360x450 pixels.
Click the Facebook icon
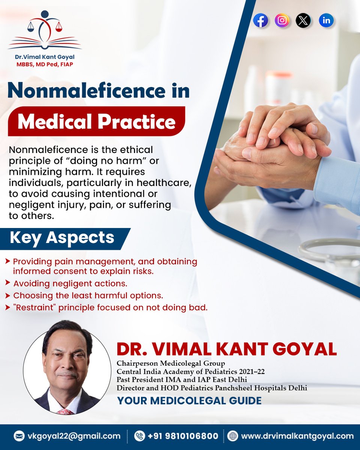pos(261,21)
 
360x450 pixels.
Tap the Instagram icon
pos(282,21)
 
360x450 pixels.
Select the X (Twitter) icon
pos(303,21)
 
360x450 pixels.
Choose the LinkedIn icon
pos(326,21)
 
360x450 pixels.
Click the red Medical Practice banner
pos(96,121)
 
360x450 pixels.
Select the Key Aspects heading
pos(62,238)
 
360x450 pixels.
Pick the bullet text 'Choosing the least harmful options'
pos(88,295)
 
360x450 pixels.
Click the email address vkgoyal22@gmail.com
pos(73,436)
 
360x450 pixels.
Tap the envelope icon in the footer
pos(19,436)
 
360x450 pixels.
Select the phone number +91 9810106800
pos(183,436)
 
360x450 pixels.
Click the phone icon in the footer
pos(139,436)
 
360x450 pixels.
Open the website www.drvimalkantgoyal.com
pos(297,436)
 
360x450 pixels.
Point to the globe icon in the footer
pos(233,436)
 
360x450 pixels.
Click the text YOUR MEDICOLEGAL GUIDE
pos(189,400)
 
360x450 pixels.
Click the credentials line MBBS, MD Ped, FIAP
pos(45,64)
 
